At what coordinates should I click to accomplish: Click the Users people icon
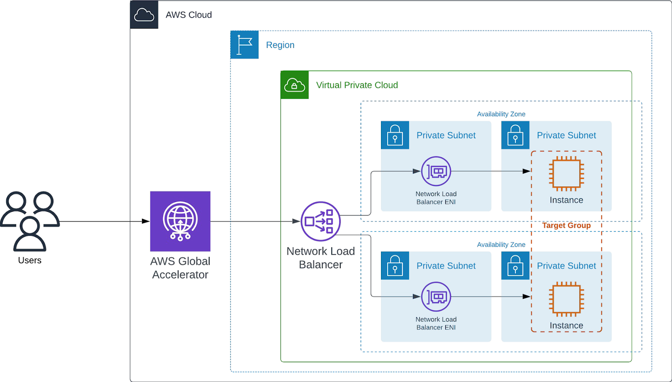pyautogui.click(x=30, y=221)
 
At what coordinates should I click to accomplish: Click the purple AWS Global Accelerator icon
pyautogui.click(x=180, y=221)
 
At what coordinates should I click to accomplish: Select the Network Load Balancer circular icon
pyautogui.click(x=320, y=221)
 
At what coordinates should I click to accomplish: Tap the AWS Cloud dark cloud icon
pyautogui.click(x=144, y=15)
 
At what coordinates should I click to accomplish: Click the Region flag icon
pyautogui.click(x=244, y=45)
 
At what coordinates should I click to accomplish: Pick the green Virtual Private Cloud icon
pyautogui.click(x=294, y=85)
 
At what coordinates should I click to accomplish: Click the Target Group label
pyautogui.click(x=566, y=225)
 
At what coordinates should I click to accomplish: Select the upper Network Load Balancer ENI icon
pyautogui.click(x=436, y=171)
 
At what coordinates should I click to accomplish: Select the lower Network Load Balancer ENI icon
pyautogui.click(x=436, y=297)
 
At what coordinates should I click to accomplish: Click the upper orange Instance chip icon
pyautogui.click(x=566, y=173)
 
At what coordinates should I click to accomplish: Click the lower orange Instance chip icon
pyautogui.click(x=566, y=299)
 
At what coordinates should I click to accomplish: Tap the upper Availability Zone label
pyautogui.click(x=501, y=114)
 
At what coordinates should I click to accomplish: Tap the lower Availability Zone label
pyautogui.click(x=501, y=245)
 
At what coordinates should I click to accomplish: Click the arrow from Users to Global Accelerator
pyautogui.click(x=105, y=221)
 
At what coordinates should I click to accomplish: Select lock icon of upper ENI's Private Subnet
pyautogui.click(x=395, y=135)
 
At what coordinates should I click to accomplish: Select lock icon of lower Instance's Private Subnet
pyautogui.click(x=515, y=266)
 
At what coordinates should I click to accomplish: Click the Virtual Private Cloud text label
pyautogui.click(x=357, y=85)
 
